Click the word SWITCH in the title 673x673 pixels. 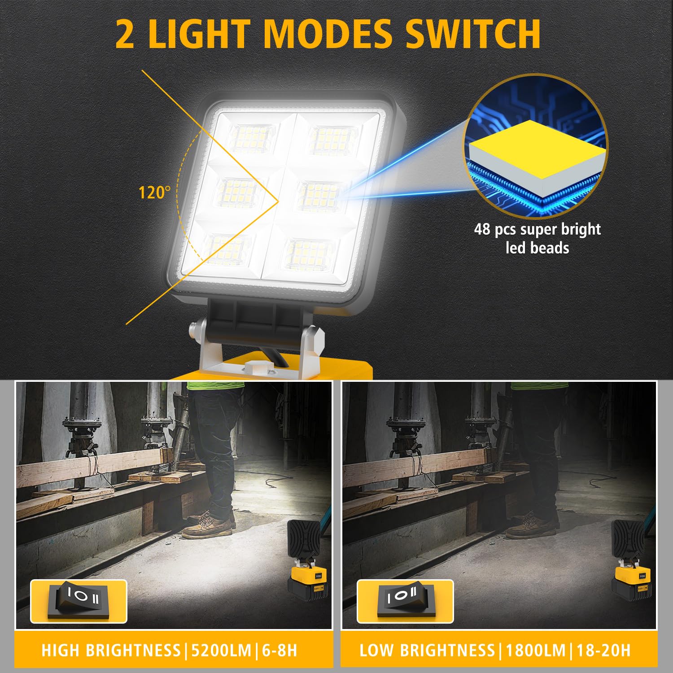click(x=473, y=34)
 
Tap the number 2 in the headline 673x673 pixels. click(x=125, y=34)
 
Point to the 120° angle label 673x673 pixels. click(x=154, y=192)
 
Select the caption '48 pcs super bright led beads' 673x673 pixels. click(x=538, y=238)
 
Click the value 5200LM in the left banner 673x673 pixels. click(x=221, y=650)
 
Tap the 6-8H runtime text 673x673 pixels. click(x=280, y=650)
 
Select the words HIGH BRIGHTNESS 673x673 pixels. click(x=111, y=650)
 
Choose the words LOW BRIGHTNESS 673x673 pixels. click(x=427, y=650)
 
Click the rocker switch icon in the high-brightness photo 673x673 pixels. click(x=79, y=601)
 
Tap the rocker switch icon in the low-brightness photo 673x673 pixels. click(x=405, y=601)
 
